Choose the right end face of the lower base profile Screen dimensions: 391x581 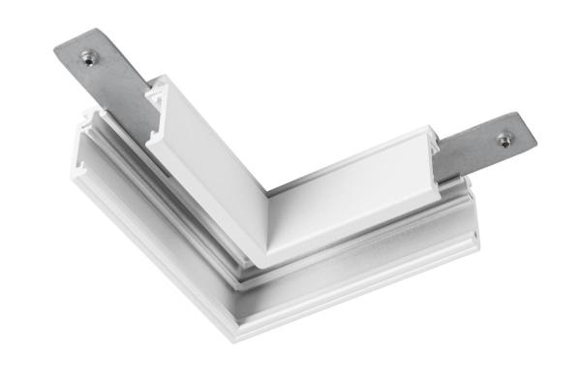point(474,239)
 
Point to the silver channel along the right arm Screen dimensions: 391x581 point(368,252)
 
